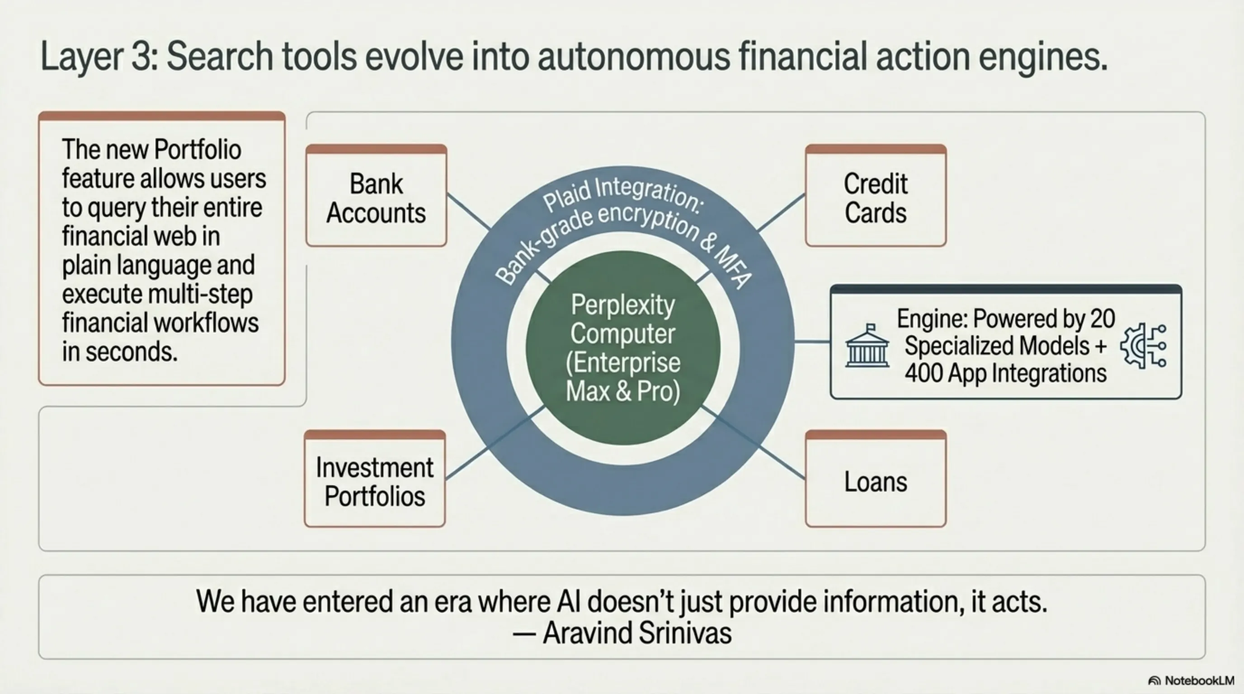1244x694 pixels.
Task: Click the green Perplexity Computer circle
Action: point(623,347)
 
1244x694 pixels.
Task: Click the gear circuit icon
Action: point(1144,347)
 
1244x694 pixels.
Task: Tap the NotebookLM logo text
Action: point(1199,680)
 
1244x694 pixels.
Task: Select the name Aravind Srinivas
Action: point(637,633)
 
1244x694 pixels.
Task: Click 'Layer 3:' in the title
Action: point(99,57)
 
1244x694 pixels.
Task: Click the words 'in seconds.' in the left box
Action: point(120,352)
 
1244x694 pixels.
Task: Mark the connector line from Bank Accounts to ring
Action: point(469,211)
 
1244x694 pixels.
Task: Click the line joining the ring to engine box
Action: point(812,342)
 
